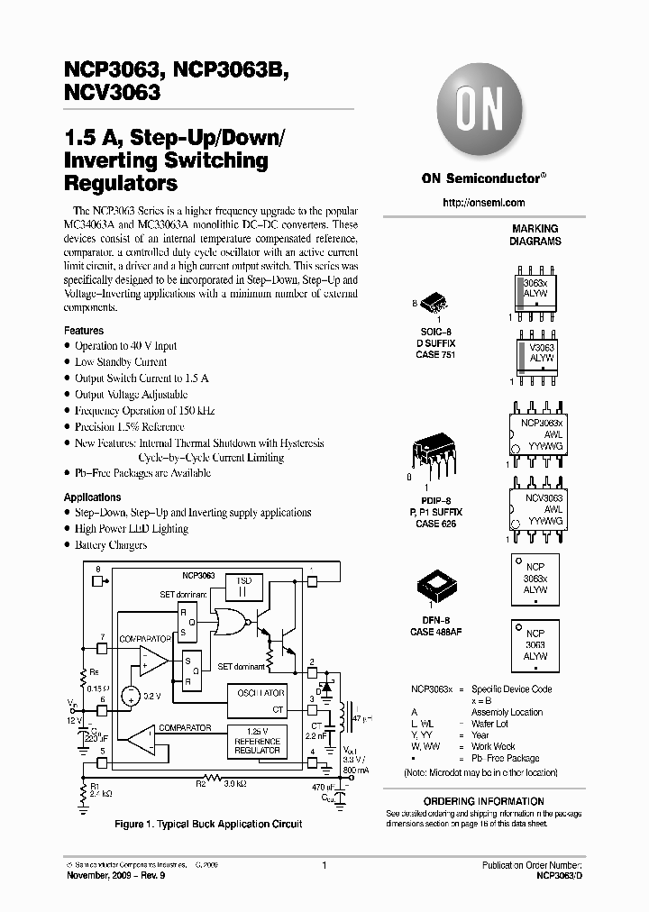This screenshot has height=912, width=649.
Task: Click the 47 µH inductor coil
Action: [344, 716]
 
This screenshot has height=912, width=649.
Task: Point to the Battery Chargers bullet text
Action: [110, 545]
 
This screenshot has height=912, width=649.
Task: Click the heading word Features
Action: [84, 331]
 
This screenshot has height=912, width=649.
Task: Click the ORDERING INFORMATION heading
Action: [483, 801]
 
